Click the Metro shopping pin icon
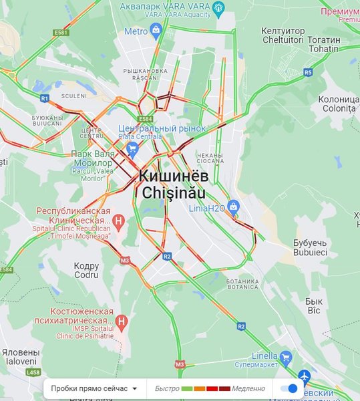coord(156,29)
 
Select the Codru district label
coord(85,270)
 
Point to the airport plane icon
coord(305,376)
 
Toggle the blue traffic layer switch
coord(289,388)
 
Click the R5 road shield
coord(308,72)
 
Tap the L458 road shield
coord(33,372)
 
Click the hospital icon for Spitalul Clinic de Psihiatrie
coord(122,323)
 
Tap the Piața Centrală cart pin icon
coord(132,148)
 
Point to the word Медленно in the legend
coord(248,388)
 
